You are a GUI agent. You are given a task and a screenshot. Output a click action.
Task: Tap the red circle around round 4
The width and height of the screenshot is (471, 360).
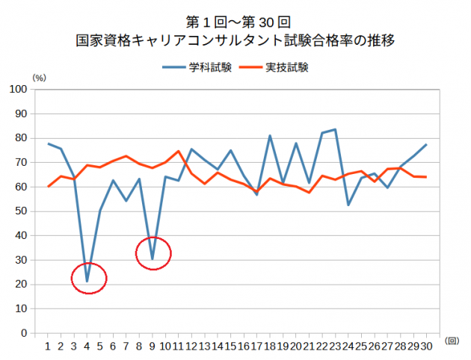click(89, 279)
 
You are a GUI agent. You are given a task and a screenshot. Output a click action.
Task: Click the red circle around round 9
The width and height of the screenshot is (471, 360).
click(153, 254)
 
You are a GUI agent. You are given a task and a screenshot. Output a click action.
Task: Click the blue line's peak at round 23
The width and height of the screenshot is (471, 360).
click(335, 129)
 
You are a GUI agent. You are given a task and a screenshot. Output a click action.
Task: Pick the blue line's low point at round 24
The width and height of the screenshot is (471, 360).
click(348, 205)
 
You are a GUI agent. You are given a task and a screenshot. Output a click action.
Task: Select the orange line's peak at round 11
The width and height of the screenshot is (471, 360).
click(179, 151)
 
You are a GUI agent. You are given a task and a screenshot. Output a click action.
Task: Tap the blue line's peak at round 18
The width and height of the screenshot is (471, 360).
click(270, 135)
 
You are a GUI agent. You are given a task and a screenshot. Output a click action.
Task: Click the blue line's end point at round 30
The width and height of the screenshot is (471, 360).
click(426, 144)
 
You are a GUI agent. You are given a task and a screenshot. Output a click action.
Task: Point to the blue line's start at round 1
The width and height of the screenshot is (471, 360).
click(48, 143)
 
